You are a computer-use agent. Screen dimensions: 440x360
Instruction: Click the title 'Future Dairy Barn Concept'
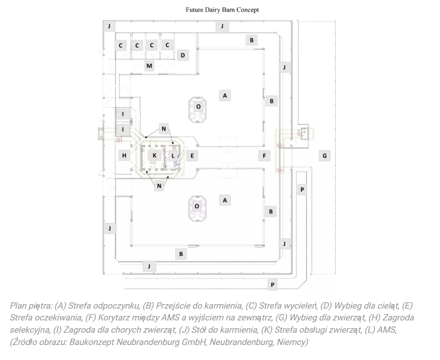(x=222, y=10)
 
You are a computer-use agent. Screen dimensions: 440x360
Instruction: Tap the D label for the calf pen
(x=182, y=55)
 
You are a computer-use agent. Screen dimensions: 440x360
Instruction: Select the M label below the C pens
(x=149, y=66)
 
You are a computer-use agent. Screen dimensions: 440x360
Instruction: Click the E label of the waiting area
(x=192, y=155)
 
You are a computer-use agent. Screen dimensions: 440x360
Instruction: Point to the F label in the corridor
(x=264, y=155)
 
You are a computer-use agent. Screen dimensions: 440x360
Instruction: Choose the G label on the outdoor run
(x=325, y=155)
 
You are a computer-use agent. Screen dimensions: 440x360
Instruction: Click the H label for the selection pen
(x=124, y=155)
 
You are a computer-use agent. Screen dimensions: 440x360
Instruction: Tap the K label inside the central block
(x=154, y=155)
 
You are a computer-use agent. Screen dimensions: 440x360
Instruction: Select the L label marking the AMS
(x=173, y=155)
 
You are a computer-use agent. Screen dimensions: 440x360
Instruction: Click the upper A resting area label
(x=225, y=95)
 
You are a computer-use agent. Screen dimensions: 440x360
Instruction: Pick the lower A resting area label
(x=225, y=200)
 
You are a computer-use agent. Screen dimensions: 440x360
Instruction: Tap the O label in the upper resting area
(x=198, y=106)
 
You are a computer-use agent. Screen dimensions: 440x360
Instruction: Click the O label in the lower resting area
(x=197, y=207)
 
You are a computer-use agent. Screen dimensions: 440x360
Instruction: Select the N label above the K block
(x=164, y=129)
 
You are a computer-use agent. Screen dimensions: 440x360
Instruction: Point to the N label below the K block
(x=159, y=185)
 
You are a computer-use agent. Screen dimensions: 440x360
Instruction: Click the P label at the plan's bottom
(x=273, y=285)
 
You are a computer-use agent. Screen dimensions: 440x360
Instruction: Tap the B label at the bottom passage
(x=181, y=254)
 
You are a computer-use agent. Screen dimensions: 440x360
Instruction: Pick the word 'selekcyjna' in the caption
(x=30, y=330)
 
